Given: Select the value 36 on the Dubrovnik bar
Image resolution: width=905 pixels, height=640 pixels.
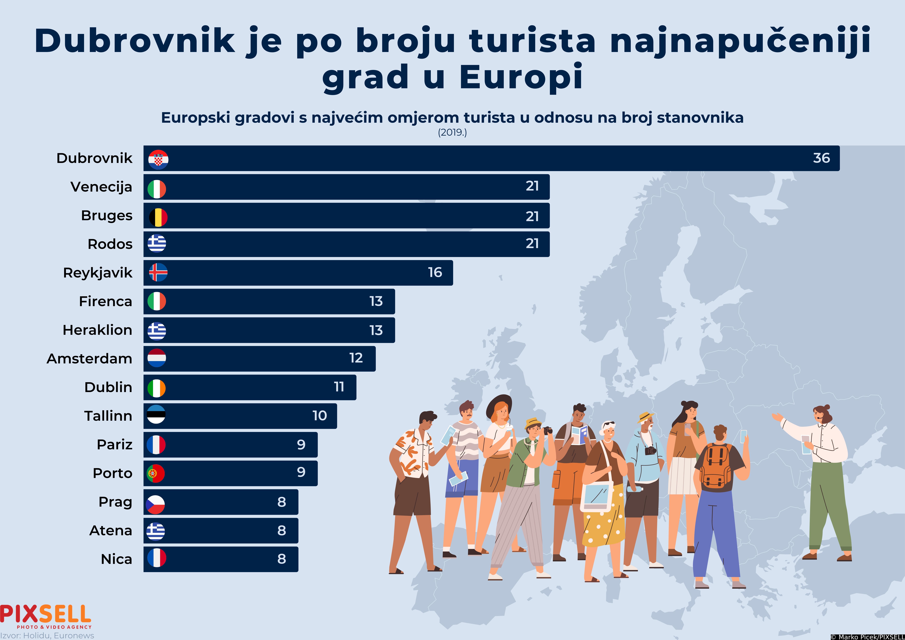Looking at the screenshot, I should tap(821, 158).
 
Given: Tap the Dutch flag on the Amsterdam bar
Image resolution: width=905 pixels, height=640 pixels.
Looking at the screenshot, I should tap(156, 358).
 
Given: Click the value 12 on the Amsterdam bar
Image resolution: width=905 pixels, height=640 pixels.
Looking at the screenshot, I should tap(356, 358).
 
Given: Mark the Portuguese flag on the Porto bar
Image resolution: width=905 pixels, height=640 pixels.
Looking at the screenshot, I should tap(155, 473).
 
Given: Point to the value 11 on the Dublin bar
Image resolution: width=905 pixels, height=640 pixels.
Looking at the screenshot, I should tap(339, 387).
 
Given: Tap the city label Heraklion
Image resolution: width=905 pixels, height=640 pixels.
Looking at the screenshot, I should tap(97, 330).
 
